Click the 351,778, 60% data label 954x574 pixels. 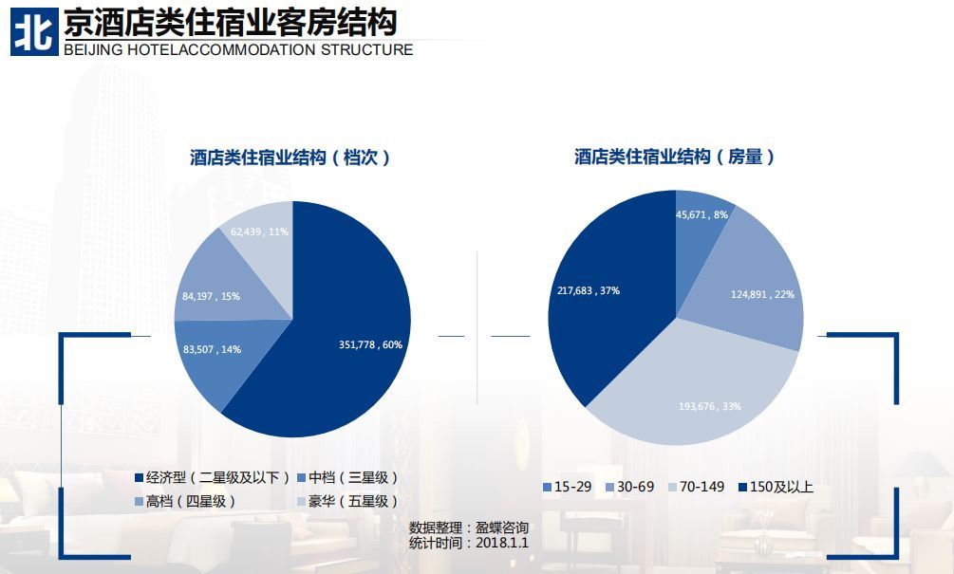click(370, 344)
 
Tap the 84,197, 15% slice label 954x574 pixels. click(211, 296)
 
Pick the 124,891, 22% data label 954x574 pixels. click(762, 294)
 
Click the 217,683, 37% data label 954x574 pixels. click(589, 290)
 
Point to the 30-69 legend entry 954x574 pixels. click(631, 487)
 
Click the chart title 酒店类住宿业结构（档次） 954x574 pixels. click(290, 157)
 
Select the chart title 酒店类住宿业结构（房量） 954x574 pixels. click(675, 157)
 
